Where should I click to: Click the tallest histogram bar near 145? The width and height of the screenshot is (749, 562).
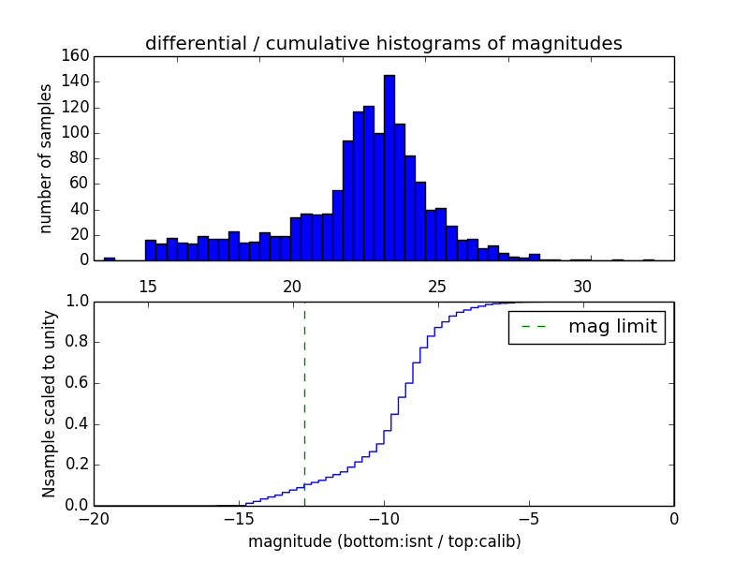coord(389,169)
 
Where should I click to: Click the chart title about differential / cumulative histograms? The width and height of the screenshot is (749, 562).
coord(383,43)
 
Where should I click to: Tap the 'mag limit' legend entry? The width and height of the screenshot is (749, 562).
coord(586,327)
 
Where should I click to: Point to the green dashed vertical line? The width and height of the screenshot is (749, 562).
coord(304,403)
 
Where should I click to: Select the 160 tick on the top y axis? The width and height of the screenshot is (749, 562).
coord(78,56)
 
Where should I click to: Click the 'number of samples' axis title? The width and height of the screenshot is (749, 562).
coord(46,157)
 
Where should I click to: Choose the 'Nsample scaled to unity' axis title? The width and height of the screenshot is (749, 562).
coord(48,404)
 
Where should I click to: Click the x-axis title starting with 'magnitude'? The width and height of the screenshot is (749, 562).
coord(384,541)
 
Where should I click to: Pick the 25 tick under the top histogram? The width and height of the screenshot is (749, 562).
coord(437,286)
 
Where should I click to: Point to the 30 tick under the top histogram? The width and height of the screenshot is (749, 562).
coord(582,286)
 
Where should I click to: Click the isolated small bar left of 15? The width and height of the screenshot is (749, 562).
coord(110,259)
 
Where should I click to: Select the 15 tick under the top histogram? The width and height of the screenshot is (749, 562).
coord(147,286)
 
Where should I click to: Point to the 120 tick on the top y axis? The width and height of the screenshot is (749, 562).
coord(78,107)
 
